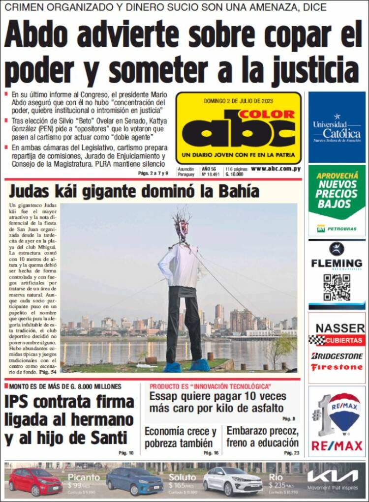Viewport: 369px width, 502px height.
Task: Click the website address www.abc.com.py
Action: pyautogui.click(x=276, y=169)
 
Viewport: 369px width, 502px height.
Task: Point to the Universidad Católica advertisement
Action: pyautogui.click(x=337, y=127)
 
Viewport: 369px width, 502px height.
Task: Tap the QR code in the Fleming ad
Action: pyautogui.click(x=337, y=288)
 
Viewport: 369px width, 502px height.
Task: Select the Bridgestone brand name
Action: pyautogui.click(x=337, y=355)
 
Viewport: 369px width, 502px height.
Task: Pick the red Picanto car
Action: pyautogui.click(x=35, y=481)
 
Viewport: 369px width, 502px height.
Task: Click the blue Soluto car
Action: pyautogui.click(x=134, y=481)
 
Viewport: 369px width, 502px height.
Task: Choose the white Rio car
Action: pyautogui.click(x=234, y=481)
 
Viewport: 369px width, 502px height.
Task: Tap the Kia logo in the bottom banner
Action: pyautogui.click(x=333, y=476)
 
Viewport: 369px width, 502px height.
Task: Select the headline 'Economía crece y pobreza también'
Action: pyautogui.click(x=181, y=437)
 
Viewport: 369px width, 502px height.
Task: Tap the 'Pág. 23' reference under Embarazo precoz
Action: pyautogui.click(x=292, y=452)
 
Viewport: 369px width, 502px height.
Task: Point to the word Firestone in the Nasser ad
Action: pyautogui.click(x=337, y=367)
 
